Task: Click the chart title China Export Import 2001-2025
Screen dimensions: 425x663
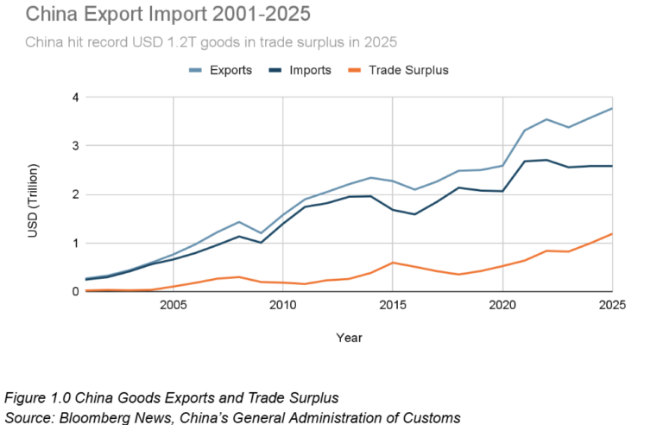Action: point(155,15)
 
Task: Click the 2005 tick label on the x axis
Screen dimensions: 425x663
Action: point(174,305)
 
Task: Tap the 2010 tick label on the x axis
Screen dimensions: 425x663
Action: point(283,305)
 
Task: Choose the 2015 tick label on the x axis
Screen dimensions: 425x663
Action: point(393,305)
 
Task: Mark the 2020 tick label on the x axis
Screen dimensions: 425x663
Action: point(502,305)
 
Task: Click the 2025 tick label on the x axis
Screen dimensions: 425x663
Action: point(611,305)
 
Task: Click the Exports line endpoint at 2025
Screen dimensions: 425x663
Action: point(612,109)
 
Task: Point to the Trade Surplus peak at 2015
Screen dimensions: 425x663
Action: point(393,263)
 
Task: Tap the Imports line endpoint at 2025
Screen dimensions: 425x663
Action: point(612,166)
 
